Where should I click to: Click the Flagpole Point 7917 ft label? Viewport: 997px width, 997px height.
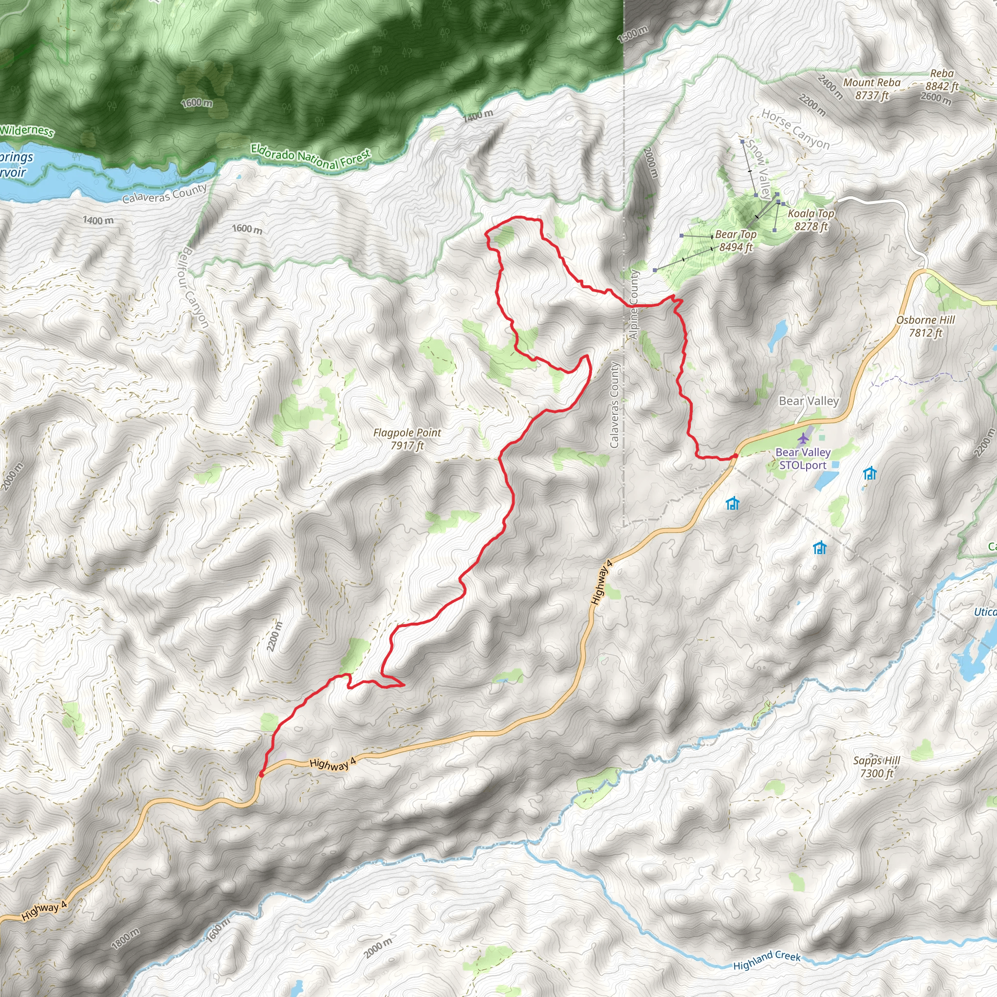click(407, 439)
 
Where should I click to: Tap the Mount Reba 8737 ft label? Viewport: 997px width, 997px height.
click(871, 89)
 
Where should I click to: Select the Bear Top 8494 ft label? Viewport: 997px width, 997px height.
click(736, 240)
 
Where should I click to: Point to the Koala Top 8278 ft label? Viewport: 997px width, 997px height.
click(810, 220)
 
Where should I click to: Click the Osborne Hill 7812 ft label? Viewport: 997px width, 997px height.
click(925, 326)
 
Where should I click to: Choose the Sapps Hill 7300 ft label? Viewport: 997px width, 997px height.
click(876, 767)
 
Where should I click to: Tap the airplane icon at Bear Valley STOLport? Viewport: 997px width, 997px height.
click(803, 439)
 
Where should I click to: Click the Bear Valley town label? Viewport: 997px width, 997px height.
click(809, 401)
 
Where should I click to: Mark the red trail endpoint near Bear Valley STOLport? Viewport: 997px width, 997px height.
click(735, 456)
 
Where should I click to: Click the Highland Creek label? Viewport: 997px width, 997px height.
click(767, 960)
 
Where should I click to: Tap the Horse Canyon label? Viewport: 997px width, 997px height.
click(795, 129)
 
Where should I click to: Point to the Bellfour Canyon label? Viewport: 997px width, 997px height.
click(195, 287)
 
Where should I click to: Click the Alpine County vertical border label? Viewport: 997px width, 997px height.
click(634, 304)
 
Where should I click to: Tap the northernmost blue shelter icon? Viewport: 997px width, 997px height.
click(870, 473)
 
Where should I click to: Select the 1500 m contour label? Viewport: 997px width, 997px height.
click(632, 34)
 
